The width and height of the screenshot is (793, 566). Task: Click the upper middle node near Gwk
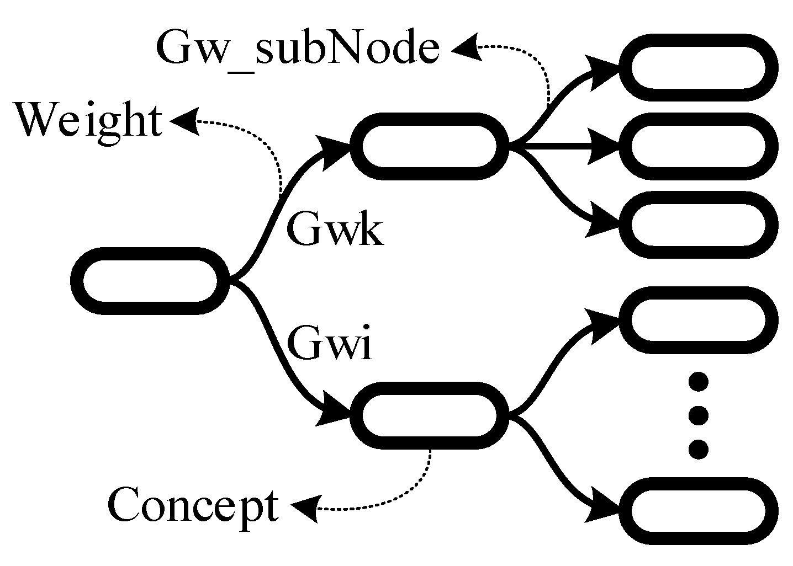coord(429,146)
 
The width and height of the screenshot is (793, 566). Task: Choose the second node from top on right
coord(698,146)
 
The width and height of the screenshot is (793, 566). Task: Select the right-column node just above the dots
coord(698,320)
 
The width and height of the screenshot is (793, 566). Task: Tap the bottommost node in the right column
coord(698,510)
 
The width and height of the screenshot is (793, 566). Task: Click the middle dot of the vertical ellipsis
coord(698,415)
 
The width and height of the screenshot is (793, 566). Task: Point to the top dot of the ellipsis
coord(698,382)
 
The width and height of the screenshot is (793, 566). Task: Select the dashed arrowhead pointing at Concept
coord(305,506)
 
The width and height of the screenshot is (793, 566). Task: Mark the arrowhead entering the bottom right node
coord(605,505)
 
